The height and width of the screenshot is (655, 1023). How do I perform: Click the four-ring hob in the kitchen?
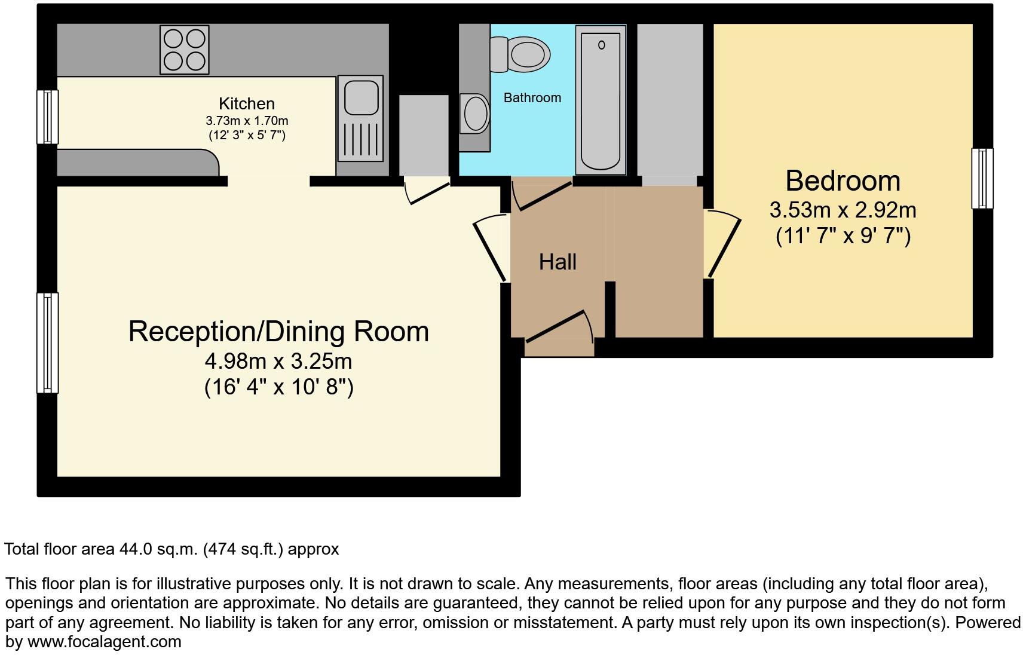185,50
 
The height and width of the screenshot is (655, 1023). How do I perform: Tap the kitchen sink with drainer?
360,118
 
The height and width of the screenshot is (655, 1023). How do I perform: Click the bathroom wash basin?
476,114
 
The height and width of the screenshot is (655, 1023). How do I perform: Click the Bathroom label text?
532,98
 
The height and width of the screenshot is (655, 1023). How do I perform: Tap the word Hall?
558,262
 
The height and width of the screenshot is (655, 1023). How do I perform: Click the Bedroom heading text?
843,180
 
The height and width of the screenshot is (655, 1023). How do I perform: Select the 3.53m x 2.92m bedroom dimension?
843,210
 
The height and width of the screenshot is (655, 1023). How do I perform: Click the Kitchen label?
246,103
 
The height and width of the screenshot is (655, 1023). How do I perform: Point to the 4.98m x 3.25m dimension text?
278,361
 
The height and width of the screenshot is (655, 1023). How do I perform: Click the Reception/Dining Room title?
278,331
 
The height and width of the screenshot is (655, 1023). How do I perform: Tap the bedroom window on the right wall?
982,178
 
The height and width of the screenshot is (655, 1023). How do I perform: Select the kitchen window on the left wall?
48,117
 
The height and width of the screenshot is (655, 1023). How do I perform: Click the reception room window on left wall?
48,342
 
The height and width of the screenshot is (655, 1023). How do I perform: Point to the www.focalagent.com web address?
104,642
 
